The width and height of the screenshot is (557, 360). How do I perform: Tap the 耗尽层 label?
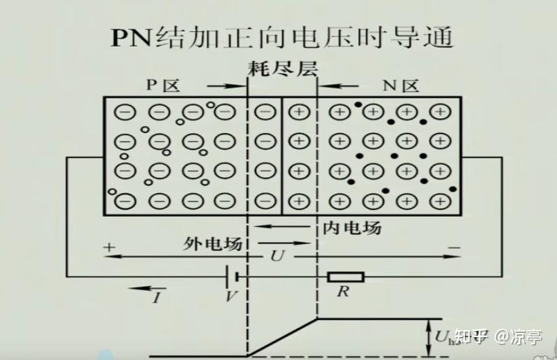(x=282, y=68)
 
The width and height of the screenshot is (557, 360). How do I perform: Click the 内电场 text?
(x=352, y=228)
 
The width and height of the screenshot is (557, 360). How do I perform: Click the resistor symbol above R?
(x=346, y=277)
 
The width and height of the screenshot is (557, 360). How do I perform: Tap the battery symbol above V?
(x=233, y=277)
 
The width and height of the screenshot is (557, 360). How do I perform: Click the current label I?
(x=157, y=297)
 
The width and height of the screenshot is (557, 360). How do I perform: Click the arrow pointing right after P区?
(x=226, y=86)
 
